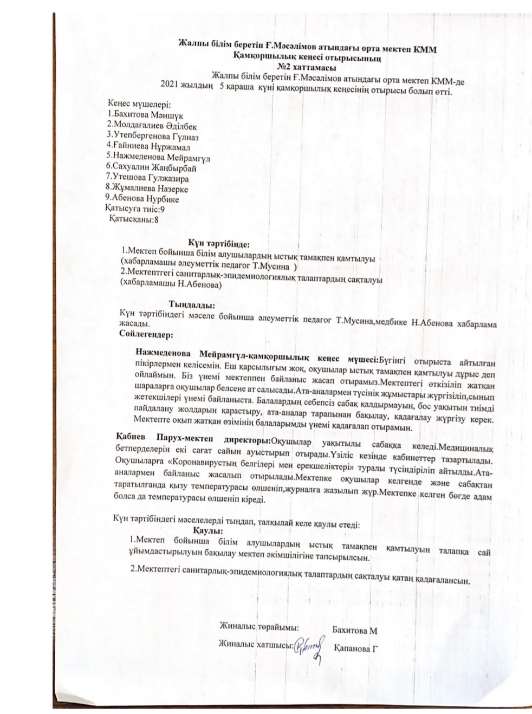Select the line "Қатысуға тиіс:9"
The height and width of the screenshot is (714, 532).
134,209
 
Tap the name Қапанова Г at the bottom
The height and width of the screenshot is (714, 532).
355,648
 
